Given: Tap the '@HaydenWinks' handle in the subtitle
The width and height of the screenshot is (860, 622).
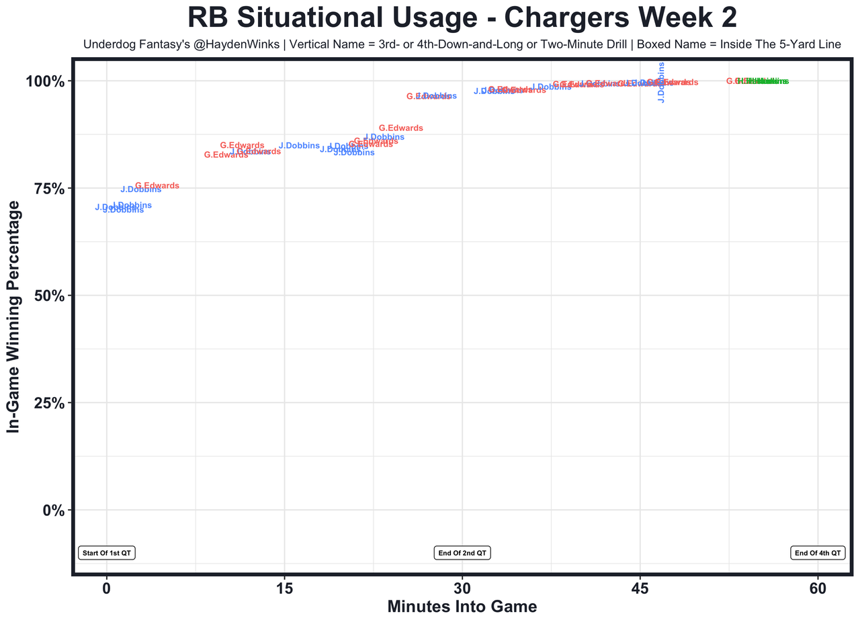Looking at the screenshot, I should (x=230, y=45).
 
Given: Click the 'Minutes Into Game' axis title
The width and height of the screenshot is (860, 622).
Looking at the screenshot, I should (x=462, y=607).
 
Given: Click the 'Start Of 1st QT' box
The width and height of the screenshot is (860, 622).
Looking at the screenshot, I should (x=107, y=553).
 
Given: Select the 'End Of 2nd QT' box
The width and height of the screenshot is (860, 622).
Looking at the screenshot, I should (x=462, y=553).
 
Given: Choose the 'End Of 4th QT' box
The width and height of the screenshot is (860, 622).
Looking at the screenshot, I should (x=818, y=553).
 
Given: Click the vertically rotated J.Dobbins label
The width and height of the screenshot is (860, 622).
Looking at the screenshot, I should (x=661, y=83).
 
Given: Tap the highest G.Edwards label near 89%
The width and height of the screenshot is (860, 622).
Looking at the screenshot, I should (x=401, y=128).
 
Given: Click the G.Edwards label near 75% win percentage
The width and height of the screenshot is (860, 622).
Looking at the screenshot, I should (x=157, y=185).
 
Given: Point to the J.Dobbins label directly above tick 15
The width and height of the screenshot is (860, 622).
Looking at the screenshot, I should (x=299, y=146).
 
